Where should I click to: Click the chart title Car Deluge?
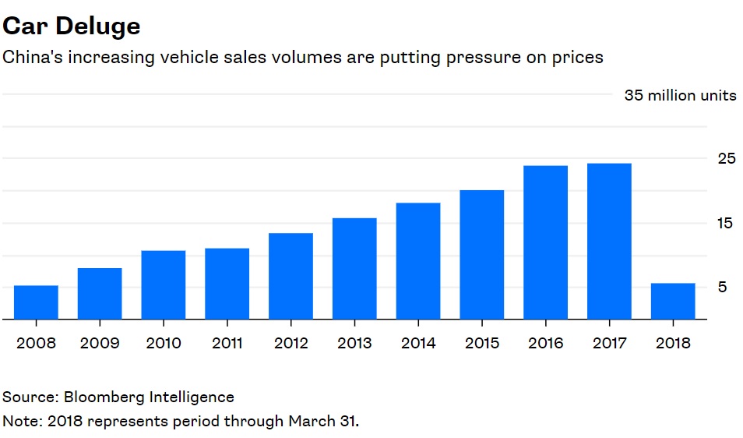coord(72,26)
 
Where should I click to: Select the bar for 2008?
coord(36,302)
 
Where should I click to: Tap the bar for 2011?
coord(227,284)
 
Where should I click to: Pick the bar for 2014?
coord(418,261)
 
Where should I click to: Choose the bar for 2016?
coord(545,242)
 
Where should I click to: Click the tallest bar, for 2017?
coord(609,242)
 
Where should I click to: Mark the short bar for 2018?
coord(673,301)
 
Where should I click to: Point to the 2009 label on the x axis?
coord(100,343)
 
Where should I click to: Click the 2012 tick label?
coord(291,343)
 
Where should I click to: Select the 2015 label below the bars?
coord(482,343)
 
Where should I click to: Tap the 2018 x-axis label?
coord(673,343)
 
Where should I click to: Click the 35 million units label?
coord(680,96)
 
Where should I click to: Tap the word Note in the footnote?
coord(20,422)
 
